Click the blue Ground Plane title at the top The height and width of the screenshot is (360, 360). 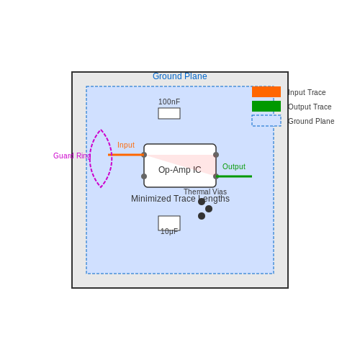(x=180, y=76)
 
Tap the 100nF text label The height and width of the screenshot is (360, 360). (x=169, y=102)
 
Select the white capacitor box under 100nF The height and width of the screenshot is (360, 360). (x=169, y=113)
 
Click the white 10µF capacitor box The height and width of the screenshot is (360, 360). (x=169, y=223)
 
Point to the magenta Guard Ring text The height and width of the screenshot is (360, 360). (x=72, y=156)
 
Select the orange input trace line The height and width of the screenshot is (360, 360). (x=126, y=155)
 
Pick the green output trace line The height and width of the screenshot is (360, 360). (x=234, y=176)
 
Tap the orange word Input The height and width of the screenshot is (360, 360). (x=126, y=145)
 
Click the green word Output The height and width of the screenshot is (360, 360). (x=234, y=166)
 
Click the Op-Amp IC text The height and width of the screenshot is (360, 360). (x=180, y=170)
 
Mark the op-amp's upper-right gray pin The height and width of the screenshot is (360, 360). (x=216, y=155)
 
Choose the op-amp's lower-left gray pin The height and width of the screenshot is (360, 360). (x=144, y=176)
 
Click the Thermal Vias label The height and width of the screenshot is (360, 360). (x=205, y=192)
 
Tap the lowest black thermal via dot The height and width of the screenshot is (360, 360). (x=202, y=216)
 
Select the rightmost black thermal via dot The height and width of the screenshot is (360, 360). (x=209, y=209)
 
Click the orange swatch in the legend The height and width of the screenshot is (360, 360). (x=266, y=91)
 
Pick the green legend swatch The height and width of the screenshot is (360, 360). (x=266, y=106)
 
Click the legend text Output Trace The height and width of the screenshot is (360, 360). (x=310, y=107)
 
